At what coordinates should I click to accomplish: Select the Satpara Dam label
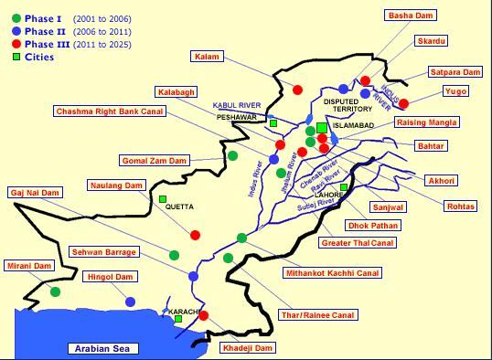pyautogui.click(x=455, y=71)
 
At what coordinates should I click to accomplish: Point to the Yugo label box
pyautogui.click(x=455, y=90)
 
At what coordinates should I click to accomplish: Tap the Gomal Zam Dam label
pyautogui.click(x=154, y=161)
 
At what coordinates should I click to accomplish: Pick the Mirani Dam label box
pyautogui.click(x=28, y=265)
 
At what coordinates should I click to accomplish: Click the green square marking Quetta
pyautogui.click(x=163, y=199)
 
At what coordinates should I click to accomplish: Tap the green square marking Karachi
pyautogui.click(x=178, y=319)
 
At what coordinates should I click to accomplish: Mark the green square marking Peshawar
pyautogui.click(x=273, y=122)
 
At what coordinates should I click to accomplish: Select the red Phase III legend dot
pyautogui.click(x=17, y=43)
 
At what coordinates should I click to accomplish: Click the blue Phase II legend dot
pyautogui.click(x=17, y=29)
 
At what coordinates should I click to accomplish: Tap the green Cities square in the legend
pyautogui.click(x=17, y=57)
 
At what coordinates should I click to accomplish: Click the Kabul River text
pyautogui.click(x=237, y=105)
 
